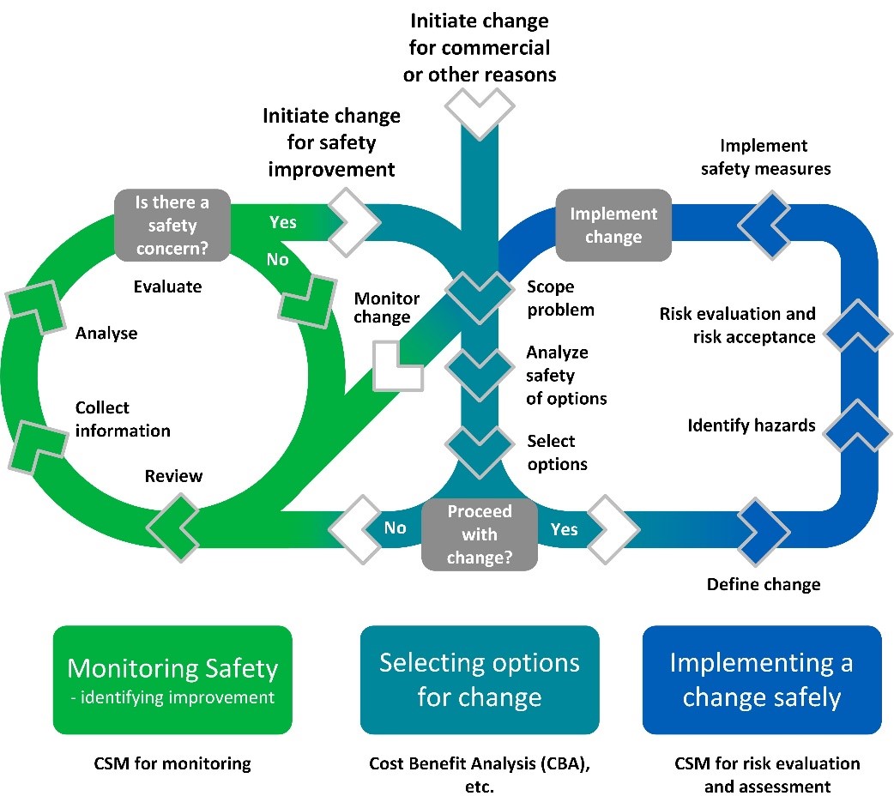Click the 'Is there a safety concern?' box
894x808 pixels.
(x=172, y=225)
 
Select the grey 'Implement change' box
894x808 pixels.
(x=613, y=225)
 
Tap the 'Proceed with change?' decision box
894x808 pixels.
(x=480, y=534)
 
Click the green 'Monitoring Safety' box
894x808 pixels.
(x=172, y=680)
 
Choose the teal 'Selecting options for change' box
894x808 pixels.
(x=480, y=680)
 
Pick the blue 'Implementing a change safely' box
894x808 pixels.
(x=762, y=680)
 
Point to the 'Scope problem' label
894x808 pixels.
(x=560, y=298)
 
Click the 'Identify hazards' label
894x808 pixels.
(x=751, y=425)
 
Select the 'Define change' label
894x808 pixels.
(x=764, y=584)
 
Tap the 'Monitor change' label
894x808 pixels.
(x=387, y=308)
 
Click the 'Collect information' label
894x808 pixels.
(x=123, y=419)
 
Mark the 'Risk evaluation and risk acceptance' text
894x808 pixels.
(x=737, y=325)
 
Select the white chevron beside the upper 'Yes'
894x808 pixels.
(x=354, y=222)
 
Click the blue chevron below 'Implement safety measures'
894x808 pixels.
(x=764, y=225)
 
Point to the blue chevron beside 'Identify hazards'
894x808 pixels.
(x=857, y=426)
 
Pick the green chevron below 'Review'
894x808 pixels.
(x=172, y=528)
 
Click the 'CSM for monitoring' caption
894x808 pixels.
(x=172, y=763)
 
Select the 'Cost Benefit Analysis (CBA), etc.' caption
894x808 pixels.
(x=480, y=775)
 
